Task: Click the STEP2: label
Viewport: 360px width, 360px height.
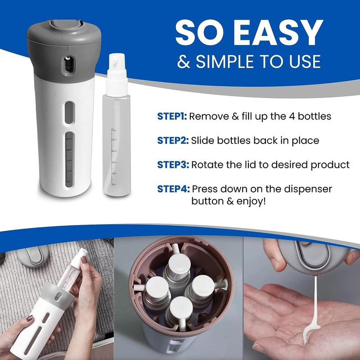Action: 173,140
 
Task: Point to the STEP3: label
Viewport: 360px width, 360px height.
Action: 173,165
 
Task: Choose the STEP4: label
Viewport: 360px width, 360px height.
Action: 173,189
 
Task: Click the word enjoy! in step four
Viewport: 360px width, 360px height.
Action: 250,201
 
